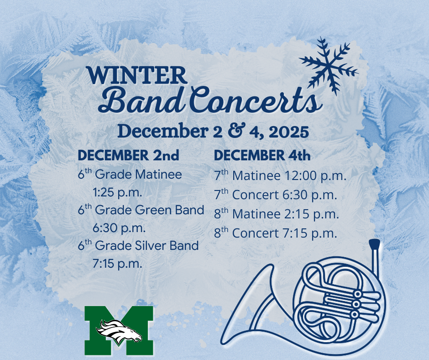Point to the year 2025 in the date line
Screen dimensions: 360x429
288,132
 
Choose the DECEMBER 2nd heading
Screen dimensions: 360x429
128,155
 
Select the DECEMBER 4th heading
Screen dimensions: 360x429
262,155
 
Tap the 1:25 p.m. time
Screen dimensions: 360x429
117,192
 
